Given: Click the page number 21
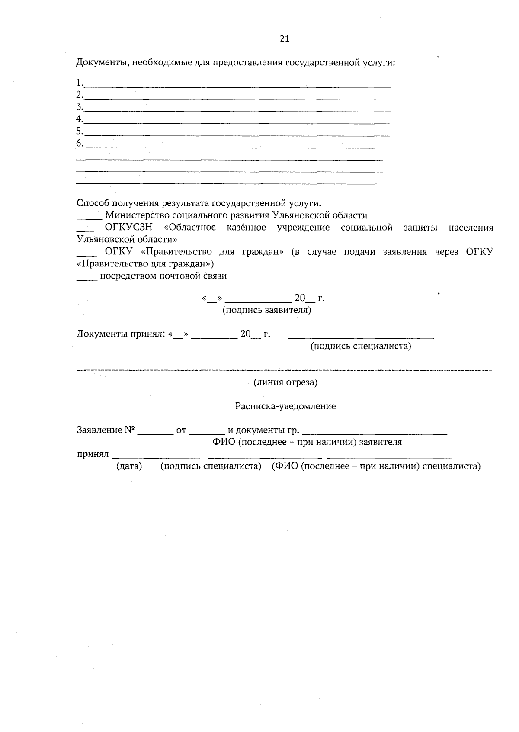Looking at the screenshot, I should point(284,39).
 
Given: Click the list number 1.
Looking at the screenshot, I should point(79,83).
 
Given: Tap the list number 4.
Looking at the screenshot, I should point(79,119).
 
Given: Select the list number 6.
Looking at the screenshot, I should point(79,143).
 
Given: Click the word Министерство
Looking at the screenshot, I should point(135,215).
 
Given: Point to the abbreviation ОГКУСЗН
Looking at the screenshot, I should point(129,228).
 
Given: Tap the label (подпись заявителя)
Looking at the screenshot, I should point(266,310).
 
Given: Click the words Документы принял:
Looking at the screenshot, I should point(122,334).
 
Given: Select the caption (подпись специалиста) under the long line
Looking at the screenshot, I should point(361,346).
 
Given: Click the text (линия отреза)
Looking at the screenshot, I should point(285,382).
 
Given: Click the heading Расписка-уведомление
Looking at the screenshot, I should point(285,406).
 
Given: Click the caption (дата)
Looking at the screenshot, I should point(129,466).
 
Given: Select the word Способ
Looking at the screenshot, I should point(93,203).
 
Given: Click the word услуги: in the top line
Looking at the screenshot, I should point(379,63).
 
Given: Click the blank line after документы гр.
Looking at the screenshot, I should point(375,432).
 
